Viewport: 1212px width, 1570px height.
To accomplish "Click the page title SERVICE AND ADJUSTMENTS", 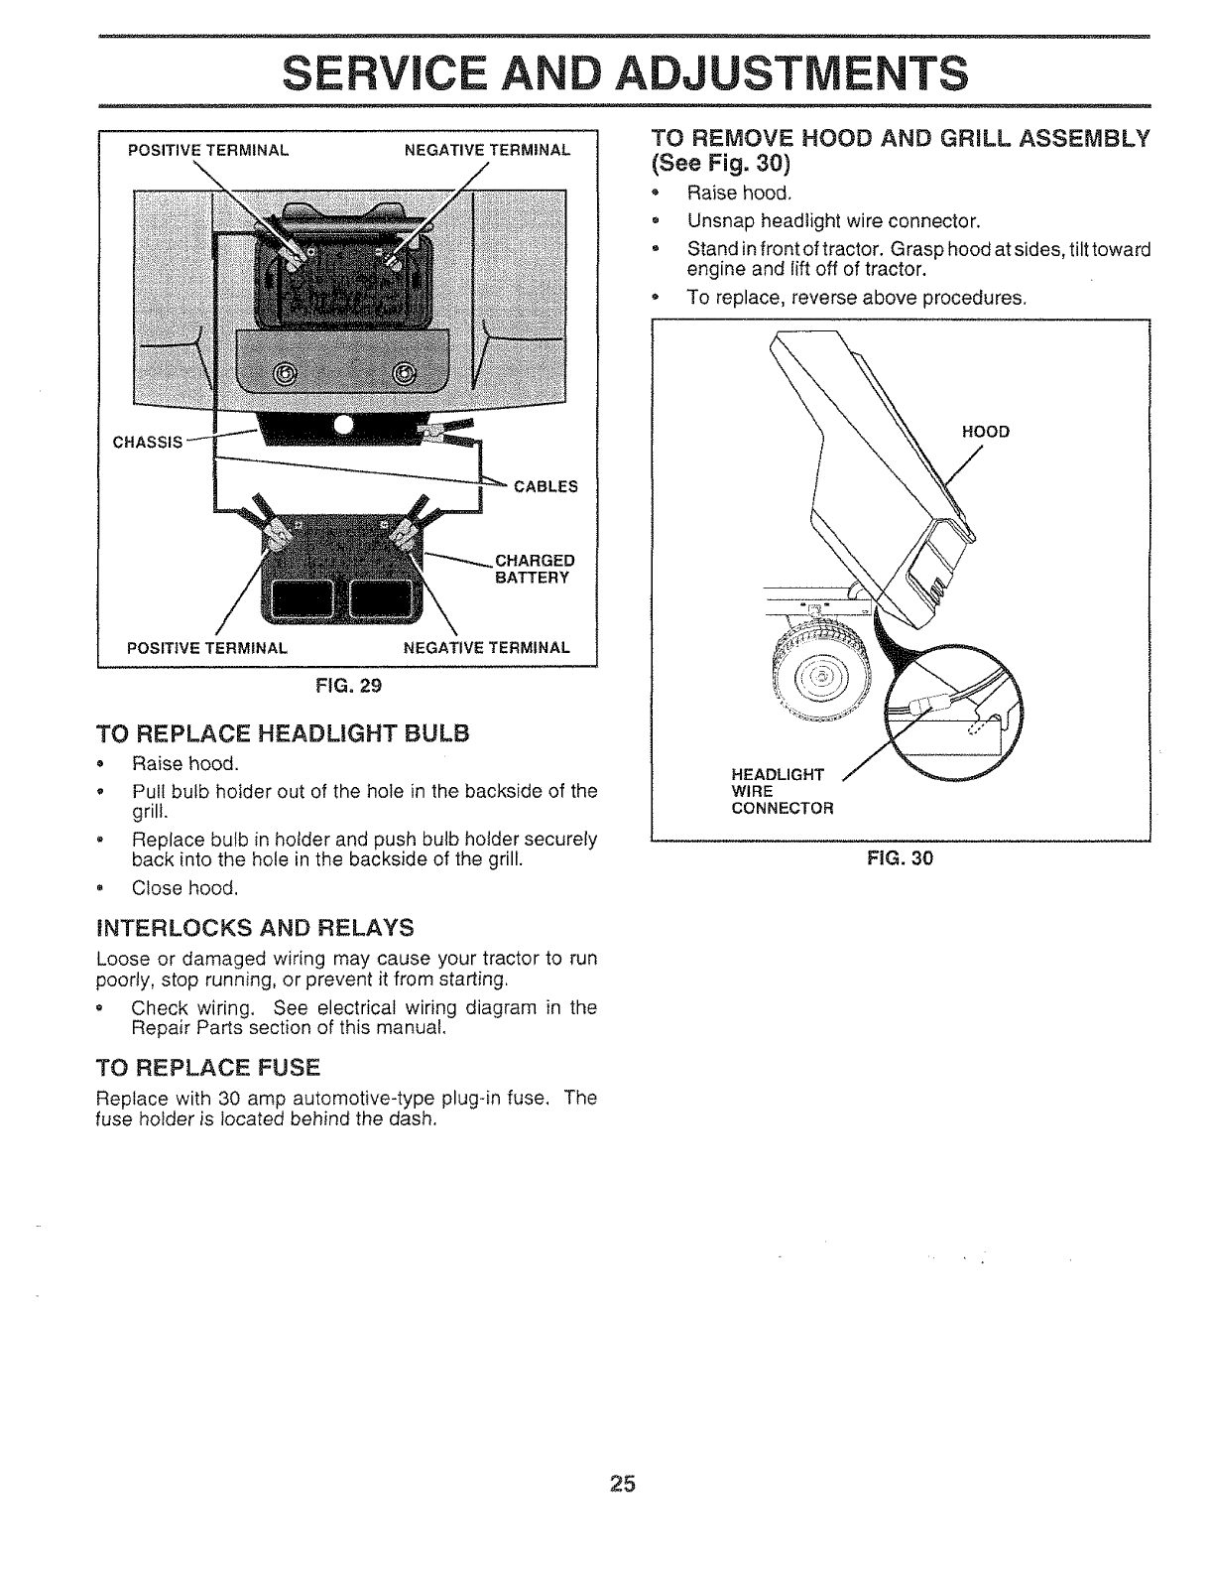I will (623, 72).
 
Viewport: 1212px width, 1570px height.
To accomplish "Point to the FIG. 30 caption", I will (900, 857).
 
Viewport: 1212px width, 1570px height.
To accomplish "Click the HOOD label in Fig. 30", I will (985, 433).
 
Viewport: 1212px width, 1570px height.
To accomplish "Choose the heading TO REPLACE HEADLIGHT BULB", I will (281, 734).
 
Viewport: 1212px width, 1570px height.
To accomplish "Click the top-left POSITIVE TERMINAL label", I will (208, 151).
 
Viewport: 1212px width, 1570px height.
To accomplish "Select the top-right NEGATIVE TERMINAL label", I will (487, 151).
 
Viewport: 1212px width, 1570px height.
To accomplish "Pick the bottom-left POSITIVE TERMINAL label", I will (208, 647).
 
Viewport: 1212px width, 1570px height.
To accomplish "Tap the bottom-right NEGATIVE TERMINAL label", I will (487, 647).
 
